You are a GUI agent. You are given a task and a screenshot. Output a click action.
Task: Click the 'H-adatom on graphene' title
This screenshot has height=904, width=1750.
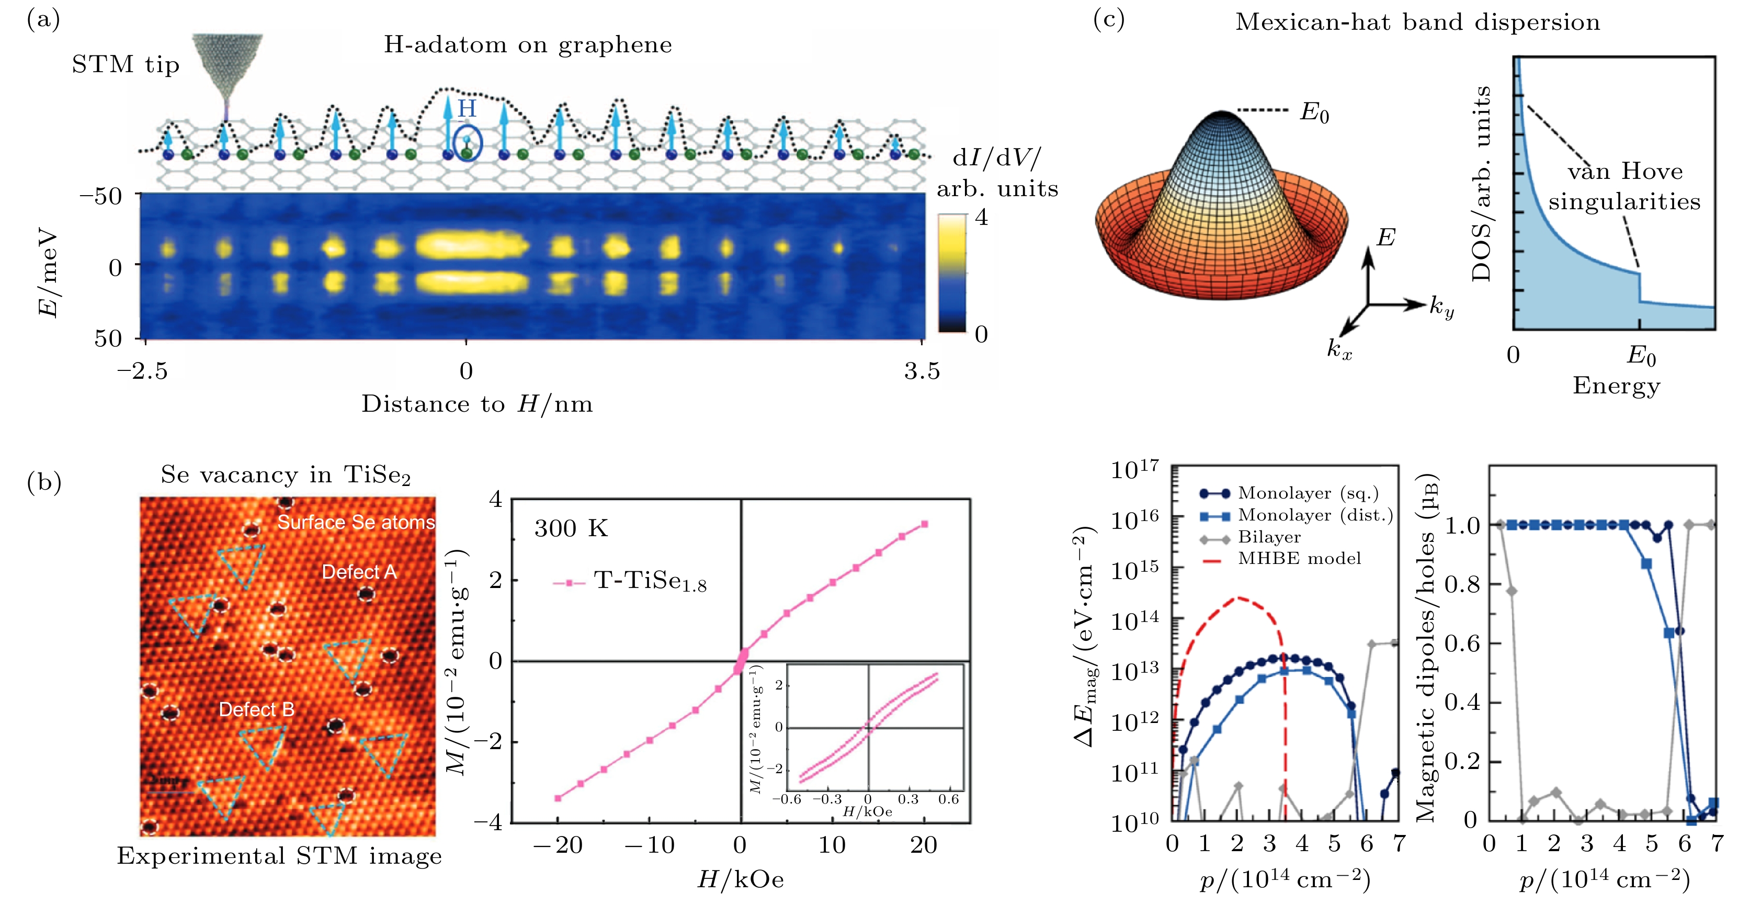coord(528,45)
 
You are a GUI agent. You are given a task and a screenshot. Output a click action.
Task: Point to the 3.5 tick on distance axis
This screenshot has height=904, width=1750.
coord(922,371)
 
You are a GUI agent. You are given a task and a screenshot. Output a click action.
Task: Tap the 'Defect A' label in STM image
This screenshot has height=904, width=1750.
coord(359,572)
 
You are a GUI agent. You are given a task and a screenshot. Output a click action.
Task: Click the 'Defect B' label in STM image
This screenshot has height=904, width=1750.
coord(256,709)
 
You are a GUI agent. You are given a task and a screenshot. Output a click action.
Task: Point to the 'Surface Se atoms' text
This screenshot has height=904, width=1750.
coord(355,522)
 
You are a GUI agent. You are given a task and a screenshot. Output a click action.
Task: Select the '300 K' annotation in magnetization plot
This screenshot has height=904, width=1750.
coord(571,528)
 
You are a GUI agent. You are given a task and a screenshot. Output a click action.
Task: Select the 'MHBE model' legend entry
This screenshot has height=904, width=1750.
coord(1299,559)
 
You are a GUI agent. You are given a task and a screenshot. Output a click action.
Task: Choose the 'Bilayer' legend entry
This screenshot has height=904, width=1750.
coord(1269,537)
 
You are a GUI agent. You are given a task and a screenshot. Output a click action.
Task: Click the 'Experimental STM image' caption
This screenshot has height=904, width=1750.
coord(279,856)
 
